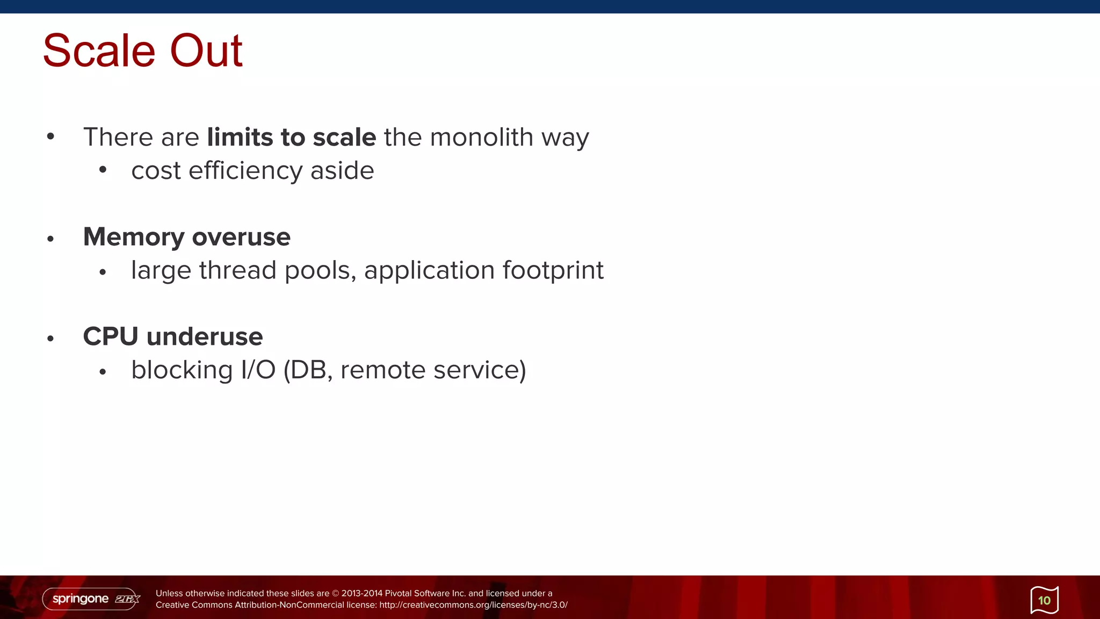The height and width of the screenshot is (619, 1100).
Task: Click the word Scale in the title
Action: tap(99, 51)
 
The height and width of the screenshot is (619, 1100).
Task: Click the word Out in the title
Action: tap(206, 51)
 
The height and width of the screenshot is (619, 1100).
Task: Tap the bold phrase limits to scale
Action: tap(291, 137)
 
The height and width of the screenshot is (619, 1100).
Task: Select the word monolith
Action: tap(481, 137)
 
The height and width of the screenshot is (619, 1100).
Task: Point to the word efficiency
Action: tap(245, 171)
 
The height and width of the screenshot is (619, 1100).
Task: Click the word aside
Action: tap(342, 171)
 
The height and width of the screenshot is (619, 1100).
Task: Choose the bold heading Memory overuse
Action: tap(186, 237)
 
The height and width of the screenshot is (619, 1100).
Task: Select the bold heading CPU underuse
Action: tap(172, 337)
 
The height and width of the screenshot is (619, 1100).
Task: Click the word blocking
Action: tap(182, 370)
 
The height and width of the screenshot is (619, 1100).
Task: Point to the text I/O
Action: tap(258, 370)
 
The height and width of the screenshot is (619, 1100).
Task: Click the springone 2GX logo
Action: tap(91, 599)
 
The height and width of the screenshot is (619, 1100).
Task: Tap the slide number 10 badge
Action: tap(1044, 600)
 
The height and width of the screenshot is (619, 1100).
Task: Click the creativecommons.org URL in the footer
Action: tap(473, 605)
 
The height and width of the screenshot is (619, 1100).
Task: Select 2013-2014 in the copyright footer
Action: tap(361, 593)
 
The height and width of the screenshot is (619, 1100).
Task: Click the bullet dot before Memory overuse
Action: tap(50, 239)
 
